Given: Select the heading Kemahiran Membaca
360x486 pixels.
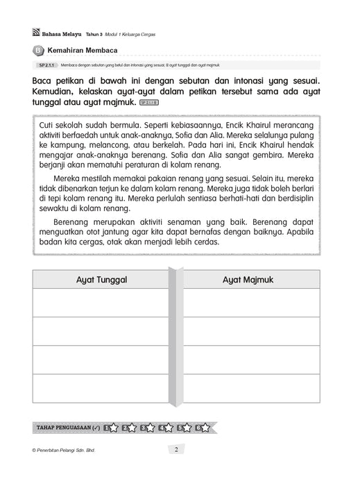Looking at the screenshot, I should tap(81, 50).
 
